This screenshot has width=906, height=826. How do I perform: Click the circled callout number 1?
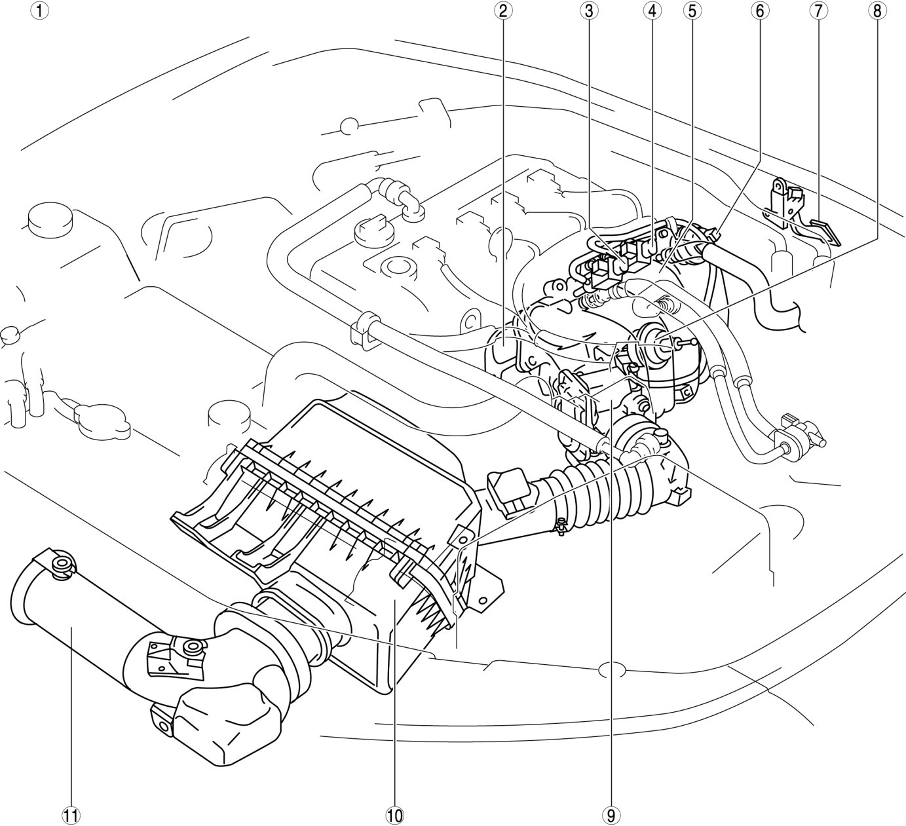click(x=40, y=11)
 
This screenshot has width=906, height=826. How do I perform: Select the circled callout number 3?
click(x=588, y=11)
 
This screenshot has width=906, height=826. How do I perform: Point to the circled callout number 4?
click(x=651, y=11)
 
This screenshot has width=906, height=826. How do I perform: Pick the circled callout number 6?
click(x=759, y=11)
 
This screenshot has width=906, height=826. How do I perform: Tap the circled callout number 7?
click(x=818, y=11)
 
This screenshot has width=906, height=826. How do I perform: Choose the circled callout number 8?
click(x=877, y=11)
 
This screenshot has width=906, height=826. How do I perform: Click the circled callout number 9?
click(x=611, y=815)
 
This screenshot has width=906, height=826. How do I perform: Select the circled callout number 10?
click(x=394, y=815)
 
